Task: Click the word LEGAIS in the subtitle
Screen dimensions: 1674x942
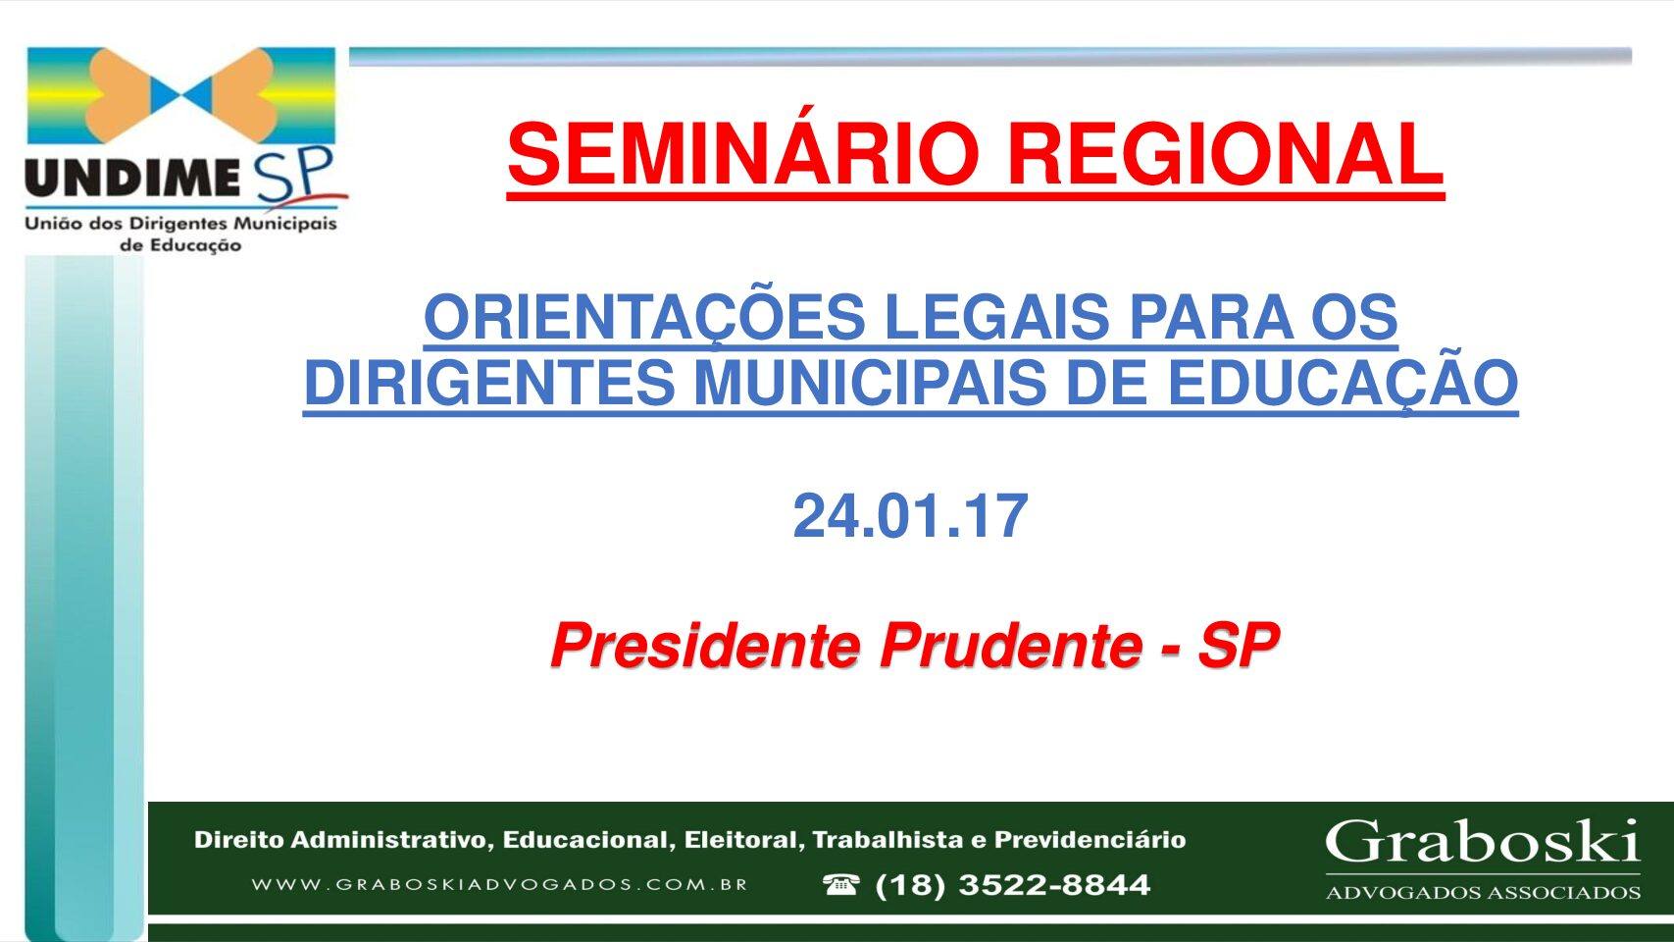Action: pos(997,316)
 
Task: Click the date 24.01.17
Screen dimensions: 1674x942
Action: pos(910,516)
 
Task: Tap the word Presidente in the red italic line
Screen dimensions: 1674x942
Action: pos(706,646)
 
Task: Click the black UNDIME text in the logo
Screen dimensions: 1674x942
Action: pos(132,178)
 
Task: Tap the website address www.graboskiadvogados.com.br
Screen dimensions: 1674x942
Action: pos(499,884)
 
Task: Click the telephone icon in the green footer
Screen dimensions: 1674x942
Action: pos(840,884)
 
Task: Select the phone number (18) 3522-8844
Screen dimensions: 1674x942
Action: pos(1013,885)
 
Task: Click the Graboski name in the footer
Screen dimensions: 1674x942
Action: pos(1483,841)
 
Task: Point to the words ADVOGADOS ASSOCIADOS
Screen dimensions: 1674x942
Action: pos(1483,893)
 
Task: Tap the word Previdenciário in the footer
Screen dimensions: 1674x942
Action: pos(1090,840)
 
